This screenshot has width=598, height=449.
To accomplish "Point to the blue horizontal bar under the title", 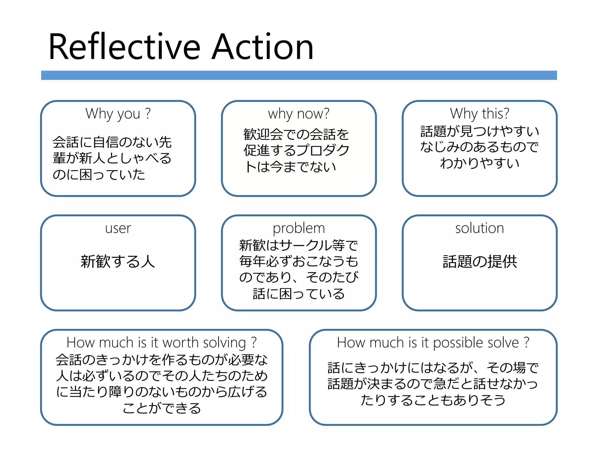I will click(299, 75).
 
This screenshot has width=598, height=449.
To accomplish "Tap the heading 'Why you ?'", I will click(118, 113).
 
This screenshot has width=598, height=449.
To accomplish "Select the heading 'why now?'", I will click(299, 113).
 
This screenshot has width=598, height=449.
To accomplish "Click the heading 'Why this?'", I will click(479, 113).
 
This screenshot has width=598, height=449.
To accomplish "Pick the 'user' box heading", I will click(118, 228).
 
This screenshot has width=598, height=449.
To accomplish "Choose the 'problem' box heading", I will click(299, 228).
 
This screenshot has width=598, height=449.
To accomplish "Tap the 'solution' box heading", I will click(479, 228).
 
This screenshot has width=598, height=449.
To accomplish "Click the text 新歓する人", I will click(118, 261).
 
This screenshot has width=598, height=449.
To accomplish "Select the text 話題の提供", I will click(479, 261).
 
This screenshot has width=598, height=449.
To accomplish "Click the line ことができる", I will click(161, 408).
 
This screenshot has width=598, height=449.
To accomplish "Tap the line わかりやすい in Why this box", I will click(479, 163).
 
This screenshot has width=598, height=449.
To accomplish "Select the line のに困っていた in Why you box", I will click(99, 175).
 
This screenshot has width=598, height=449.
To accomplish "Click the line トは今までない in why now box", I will click(290, 167).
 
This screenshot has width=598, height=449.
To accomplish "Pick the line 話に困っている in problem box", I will click(299, 294).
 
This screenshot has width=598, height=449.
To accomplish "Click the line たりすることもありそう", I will click(433, 400).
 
